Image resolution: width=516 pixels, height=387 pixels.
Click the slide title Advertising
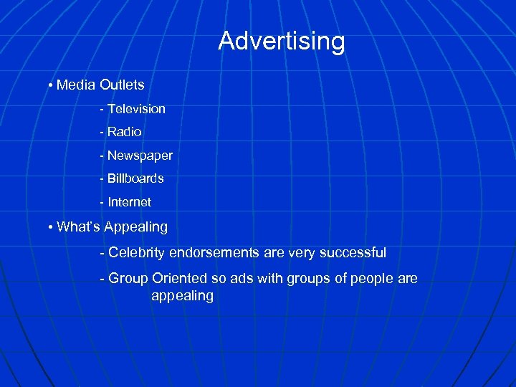[281, 41]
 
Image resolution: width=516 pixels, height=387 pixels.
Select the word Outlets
[122, 85]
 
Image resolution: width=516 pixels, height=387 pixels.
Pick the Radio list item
[125, 133]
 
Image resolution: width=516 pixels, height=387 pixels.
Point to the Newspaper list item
[140, 156]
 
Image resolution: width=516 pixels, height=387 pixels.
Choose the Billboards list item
[135, 178]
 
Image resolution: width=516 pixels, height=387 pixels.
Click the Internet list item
[129, 202]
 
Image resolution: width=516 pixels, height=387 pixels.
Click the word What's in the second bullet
[79, 227]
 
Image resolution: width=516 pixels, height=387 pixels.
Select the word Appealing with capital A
[136, 228]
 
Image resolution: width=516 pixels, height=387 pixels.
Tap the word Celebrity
[135, 253]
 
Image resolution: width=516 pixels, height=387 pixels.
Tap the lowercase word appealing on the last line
[182, 297]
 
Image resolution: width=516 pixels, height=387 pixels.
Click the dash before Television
[102, 109]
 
